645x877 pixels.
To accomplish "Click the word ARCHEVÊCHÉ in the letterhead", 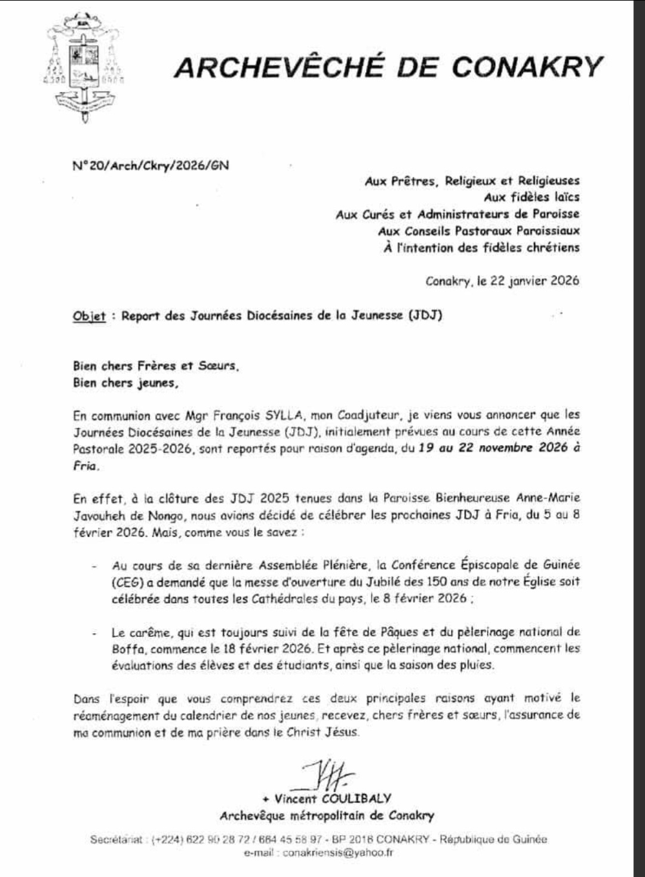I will [278, 67].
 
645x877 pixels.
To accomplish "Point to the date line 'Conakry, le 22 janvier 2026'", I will [502, 281].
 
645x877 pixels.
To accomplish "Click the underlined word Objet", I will [89, 316].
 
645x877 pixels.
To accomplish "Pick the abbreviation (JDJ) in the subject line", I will [425, 315].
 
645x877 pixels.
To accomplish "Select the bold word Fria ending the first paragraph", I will [85, 466].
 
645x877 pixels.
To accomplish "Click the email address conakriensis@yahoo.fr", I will [338, 853].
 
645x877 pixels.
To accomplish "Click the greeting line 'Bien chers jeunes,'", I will [125, 383].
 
